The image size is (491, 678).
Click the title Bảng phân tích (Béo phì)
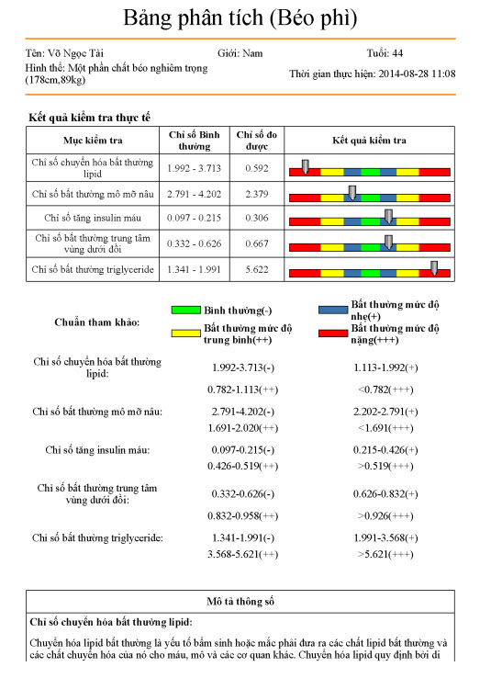(240, 17)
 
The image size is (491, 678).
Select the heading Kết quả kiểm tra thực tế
(89, 118)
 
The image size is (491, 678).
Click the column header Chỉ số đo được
(256, 140)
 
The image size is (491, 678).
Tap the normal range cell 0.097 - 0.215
(196, 218)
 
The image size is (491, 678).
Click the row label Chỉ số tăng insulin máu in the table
(92, 218)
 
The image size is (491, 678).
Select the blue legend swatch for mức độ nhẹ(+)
(332, 310)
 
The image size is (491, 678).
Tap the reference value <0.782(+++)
(385, 390)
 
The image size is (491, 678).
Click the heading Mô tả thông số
(245, 601)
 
